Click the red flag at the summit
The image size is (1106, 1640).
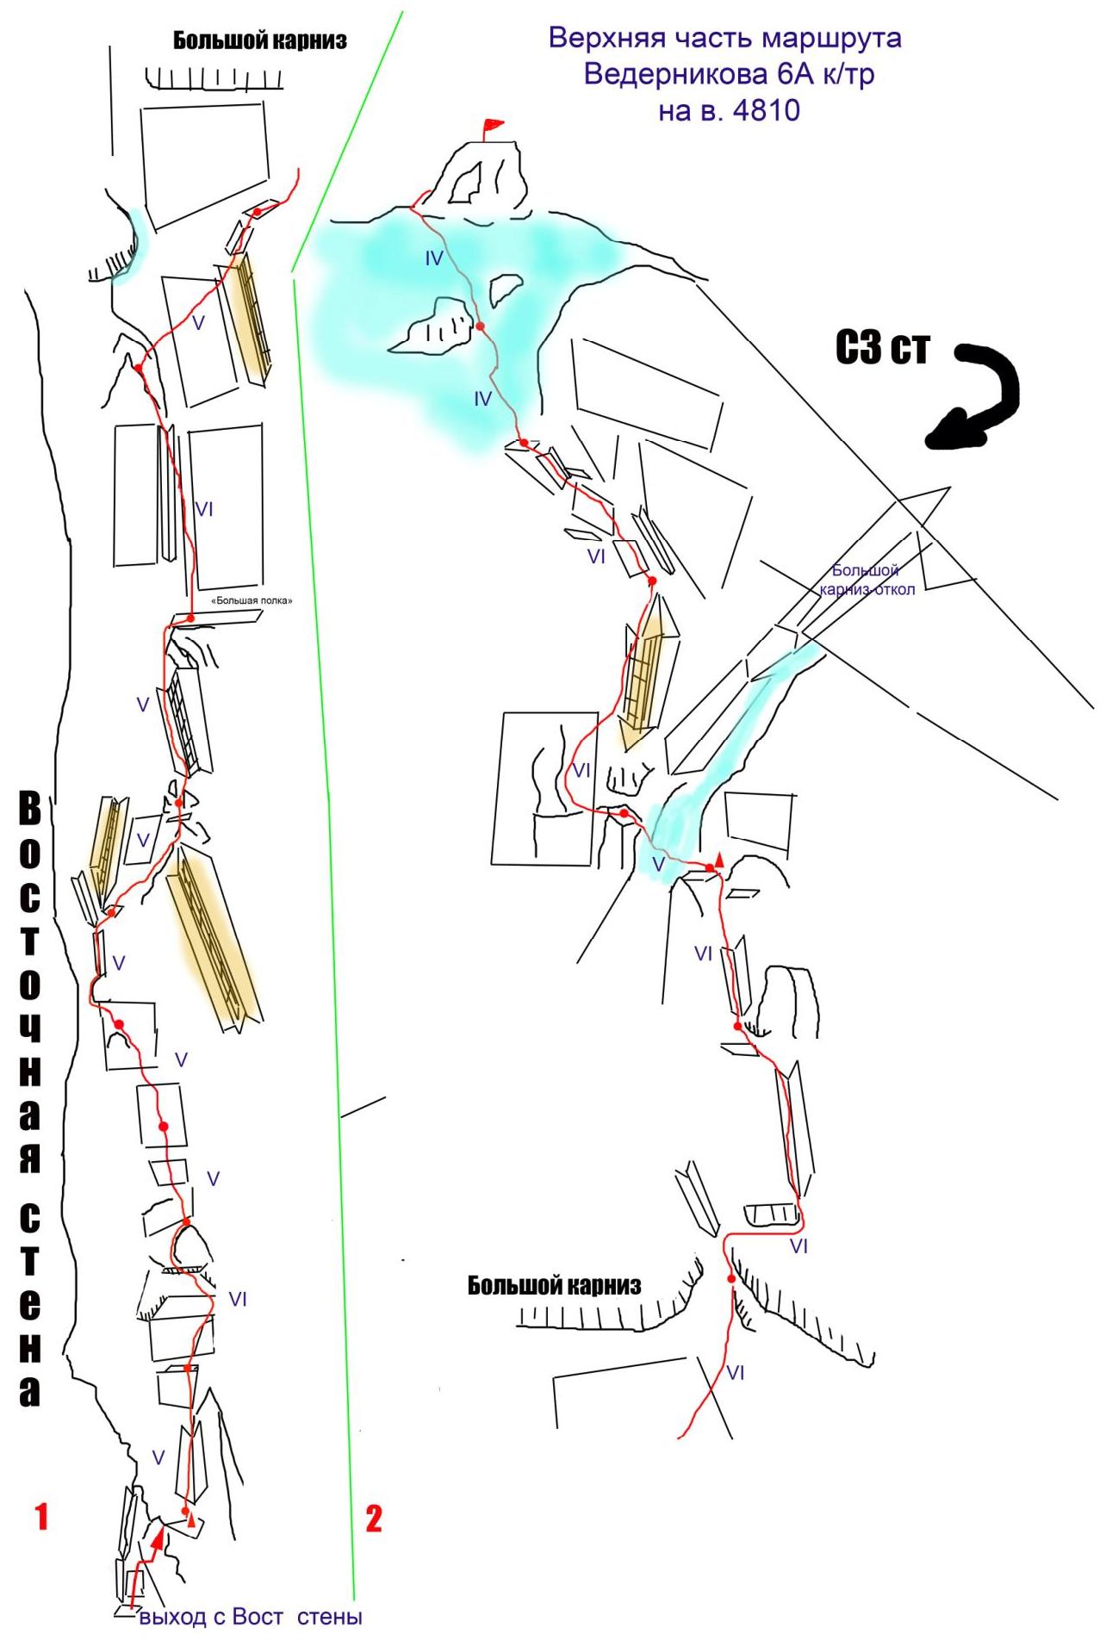tap(492, 127)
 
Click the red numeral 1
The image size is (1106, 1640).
tap(40, 1516)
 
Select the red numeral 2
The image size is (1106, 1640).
tap(373, 1518)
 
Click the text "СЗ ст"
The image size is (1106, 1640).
tap(882, 348)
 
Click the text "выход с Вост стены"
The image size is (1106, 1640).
tap(251, 1617)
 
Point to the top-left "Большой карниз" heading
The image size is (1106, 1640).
tap(260, 40)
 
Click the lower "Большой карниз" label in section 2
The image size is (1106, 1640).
tap(555, 1286)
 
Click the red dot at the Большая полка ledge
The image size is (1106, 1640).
tap(190, 618)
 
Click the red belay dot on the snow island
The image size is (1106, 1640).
tap(481, 326)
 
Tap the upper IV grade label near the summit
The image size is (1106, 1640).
tap(434, 258)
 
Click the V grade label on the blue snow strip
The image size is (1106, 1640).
tap(658, 865)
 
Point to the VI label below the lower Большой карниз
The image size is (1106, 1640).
tap(735, 1372)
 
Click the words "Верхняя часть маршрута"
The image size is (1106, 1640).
tap(725, 39)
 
